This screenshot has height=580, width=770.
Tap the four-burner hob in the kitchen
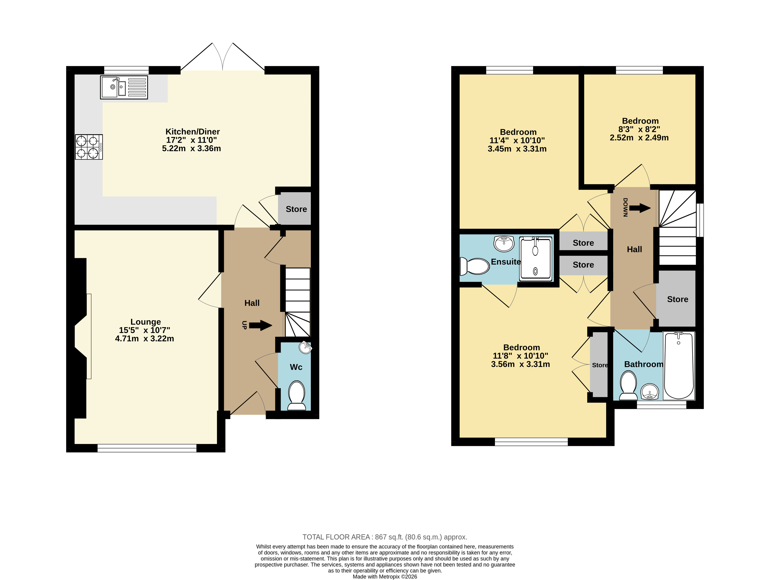[x=89, y=147]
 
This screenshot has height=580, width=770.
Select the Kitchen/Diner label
[x=193, y=131]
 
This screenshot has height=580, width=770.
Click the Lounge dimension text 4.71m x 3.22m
[x=144, y=338]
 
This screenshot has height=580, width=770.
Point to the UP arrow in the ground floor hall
[x=260, y=326]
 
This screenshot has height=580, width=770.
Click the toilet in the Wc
[x=297, y=396]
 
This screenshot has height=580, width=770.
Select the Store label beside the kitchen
[x=296, y=209]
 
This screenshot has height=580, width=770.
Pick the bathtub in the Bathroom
[x=679, y=366]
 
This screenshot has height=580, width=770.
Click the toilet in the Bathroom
[x=628, y=385]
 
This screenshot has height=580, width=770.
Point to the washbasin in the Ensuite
[x=504, y=244]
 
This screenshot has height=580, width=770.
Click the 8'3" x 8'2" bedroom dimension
[x=639, y=129]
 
